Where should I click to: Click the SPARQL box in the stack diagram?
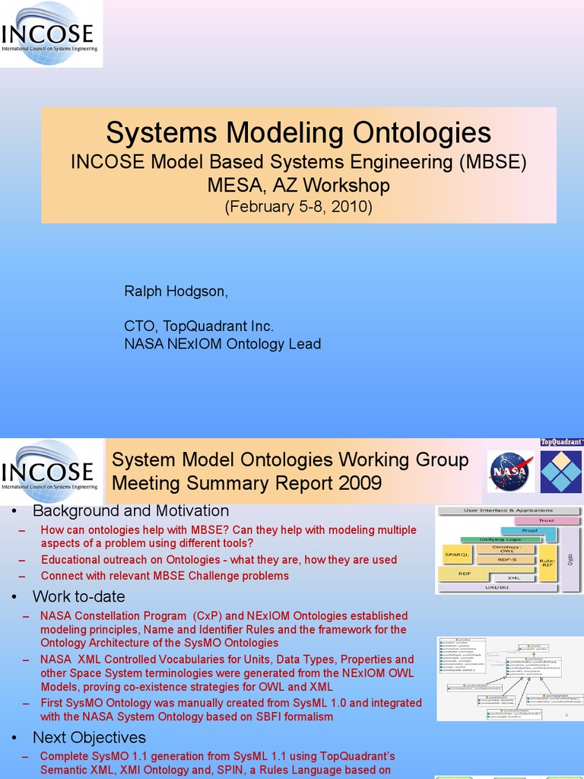tap(454, 555)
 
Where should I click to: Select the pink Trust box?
tap(546, 521)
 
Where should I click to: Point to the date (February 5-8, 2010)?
tap(298, 207)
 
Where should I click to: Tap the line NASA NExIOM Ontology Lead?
tap(222, 344)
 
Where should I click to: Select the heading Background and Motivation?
tap(130, 511)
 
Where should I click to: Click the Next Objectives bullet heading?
tap(89, 737)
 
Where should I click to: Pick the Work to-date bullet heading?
tap(78, 596)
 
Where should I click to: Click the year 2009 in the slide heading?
tap(357, 483)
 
